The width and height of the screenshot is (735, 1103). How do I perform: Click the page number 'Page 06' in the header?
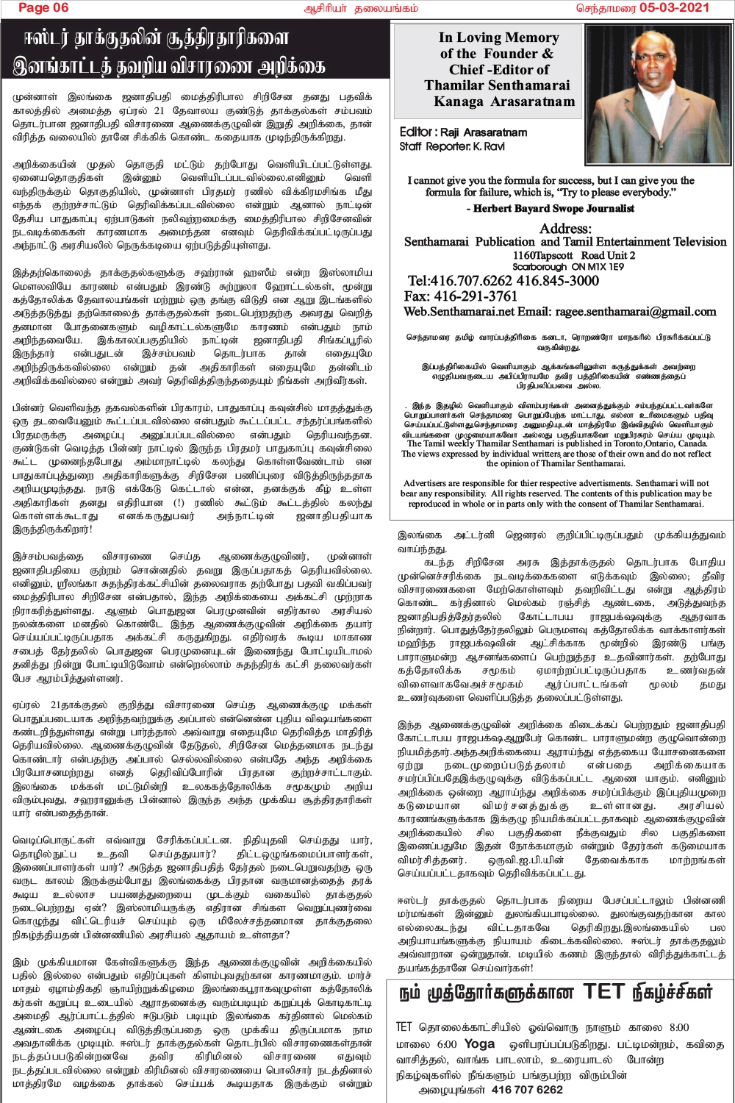click(43, 8)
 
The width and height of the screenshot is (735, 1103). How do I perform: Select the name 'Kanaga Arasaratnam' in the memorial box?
click(504, 101)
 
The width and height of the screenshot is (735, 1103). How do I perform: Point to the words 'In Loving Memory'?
click(499, 38)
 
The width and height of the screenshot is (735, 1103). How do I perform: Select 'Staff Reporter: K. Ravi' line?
click(452, 146)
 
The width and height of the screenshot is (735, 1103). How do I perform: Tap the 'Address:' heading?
click(565, 229)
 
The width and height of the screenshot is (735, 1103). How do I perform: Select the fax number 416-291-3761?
click(481, 296)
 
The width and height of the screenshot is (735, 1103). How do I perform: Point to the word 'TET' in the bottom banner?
click(603, 993)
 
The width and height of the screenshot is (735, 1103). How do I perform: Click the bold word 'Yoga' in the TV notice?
click(479, 1044)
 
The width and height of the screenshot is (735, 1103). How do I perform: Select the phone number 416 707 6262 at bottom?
click(527, 1090)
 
